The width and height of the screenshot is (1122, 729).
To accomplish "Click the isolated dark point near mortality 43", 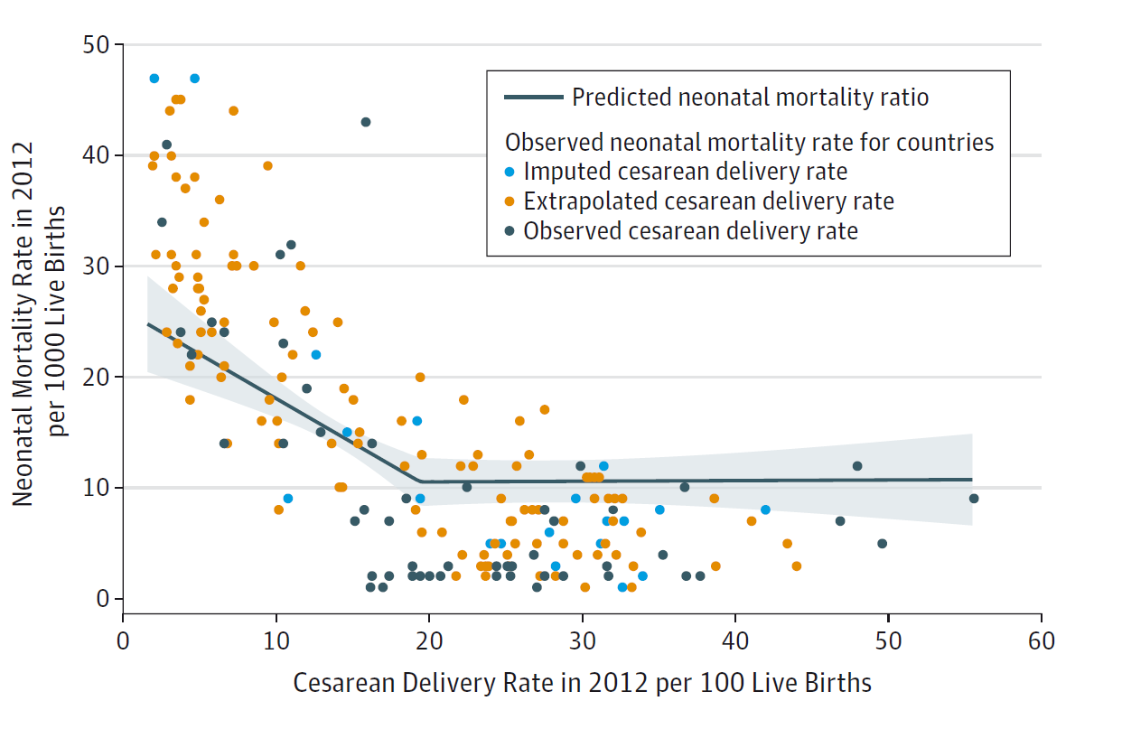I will (366, 122).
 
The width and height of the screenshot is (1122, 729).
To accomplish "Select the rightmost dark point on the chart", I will (974, 499).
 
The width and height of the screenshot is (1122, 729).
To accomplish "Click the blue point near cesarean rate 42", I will (765, 509).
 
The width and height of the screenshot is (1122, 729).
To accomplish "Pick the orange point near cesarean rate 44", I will (796, 566).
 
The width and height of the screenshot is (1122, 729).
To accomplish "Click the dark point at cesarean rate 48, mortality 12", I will (857, 466).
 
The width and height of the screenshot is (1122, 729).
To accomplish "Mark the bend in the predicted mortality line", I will (421, 481).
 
